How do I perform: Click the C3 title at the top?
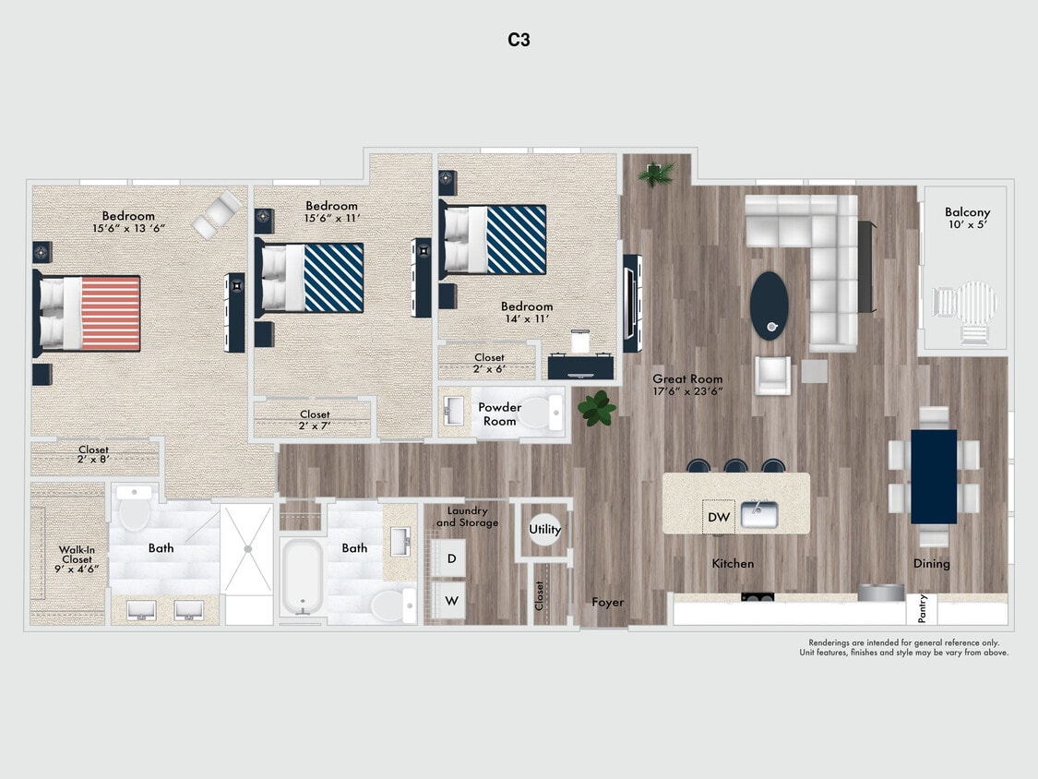pos(519,40)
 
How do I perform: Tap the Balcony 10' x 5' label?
pos(967,219)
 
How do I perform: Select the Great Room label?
pos(687,384)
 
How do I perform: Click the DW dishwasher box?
pos(719,517)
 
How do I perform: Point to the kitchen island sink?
pos(759,515)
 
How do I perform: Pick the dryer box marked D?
pos(450,558)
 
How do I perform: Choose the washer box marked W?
pos(450,600)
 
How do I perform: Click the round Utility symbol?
pos(544,530)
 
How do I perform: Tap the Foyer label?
pos(607,602)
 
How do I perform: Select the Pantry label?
pos(923,609)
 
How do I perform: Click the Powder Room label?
pos(499,413)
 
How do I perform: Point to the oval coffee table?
pos(769,305)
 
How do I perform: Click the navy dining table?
pos(934,476)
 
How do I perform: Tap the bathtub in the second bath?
pos(302,576)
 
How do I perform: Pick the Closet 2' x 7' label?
pos(315,420)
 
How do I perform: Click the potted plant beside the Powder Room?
pos(598,407)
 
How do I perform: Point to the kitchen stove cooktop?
pos(758,597)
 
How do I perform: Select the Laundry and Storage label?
pos(467,517)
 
